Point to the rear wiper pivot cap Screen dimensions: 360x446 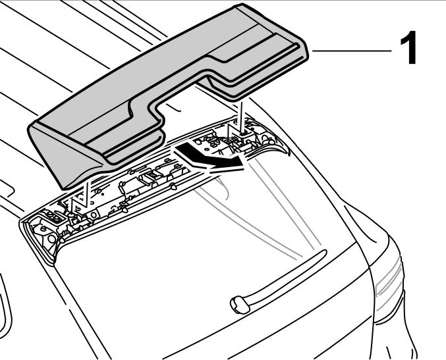(237, 302)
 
